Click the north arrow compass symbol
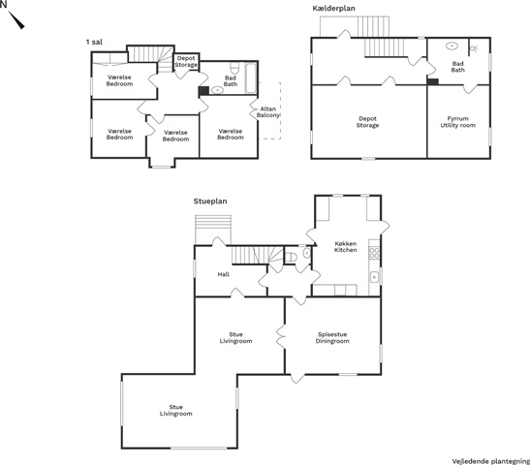pos(16,19)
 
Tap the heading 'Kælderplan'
pos(333,9)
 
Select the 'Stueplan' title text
pos(210,201)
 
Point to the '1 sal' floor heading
pos(94,42)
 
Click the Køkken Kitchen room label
pos(346,247)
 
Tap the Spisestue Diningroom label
pos(332,337)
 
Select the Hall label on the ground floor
pos(224,274)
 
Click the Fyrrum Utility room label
pos(457,122)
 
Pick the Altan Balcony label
pos(268,111)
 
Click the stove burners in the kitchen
pos(374,254)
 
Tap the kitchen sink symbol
pos(374,277)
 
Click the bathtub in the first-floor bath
pos(251,77)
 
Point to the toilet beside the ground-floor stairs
pos(291,257)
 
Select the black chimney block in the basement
pos(432,81)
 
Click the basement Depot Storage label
pos(367,122)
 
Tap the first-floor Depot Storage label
pos(186,61)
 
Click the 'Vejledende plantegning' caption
pos(491,461)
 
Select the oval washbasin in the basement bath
pos(452,46)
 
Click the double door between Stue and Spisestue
pos(281,336)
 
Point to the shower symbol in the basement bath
pos(474,48)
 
